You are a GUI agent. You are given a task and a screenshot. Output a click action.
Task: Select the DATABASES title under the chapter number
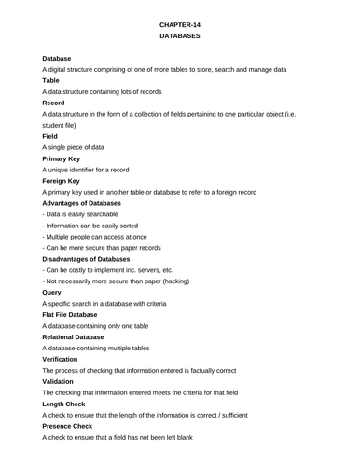pos(180,35)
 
